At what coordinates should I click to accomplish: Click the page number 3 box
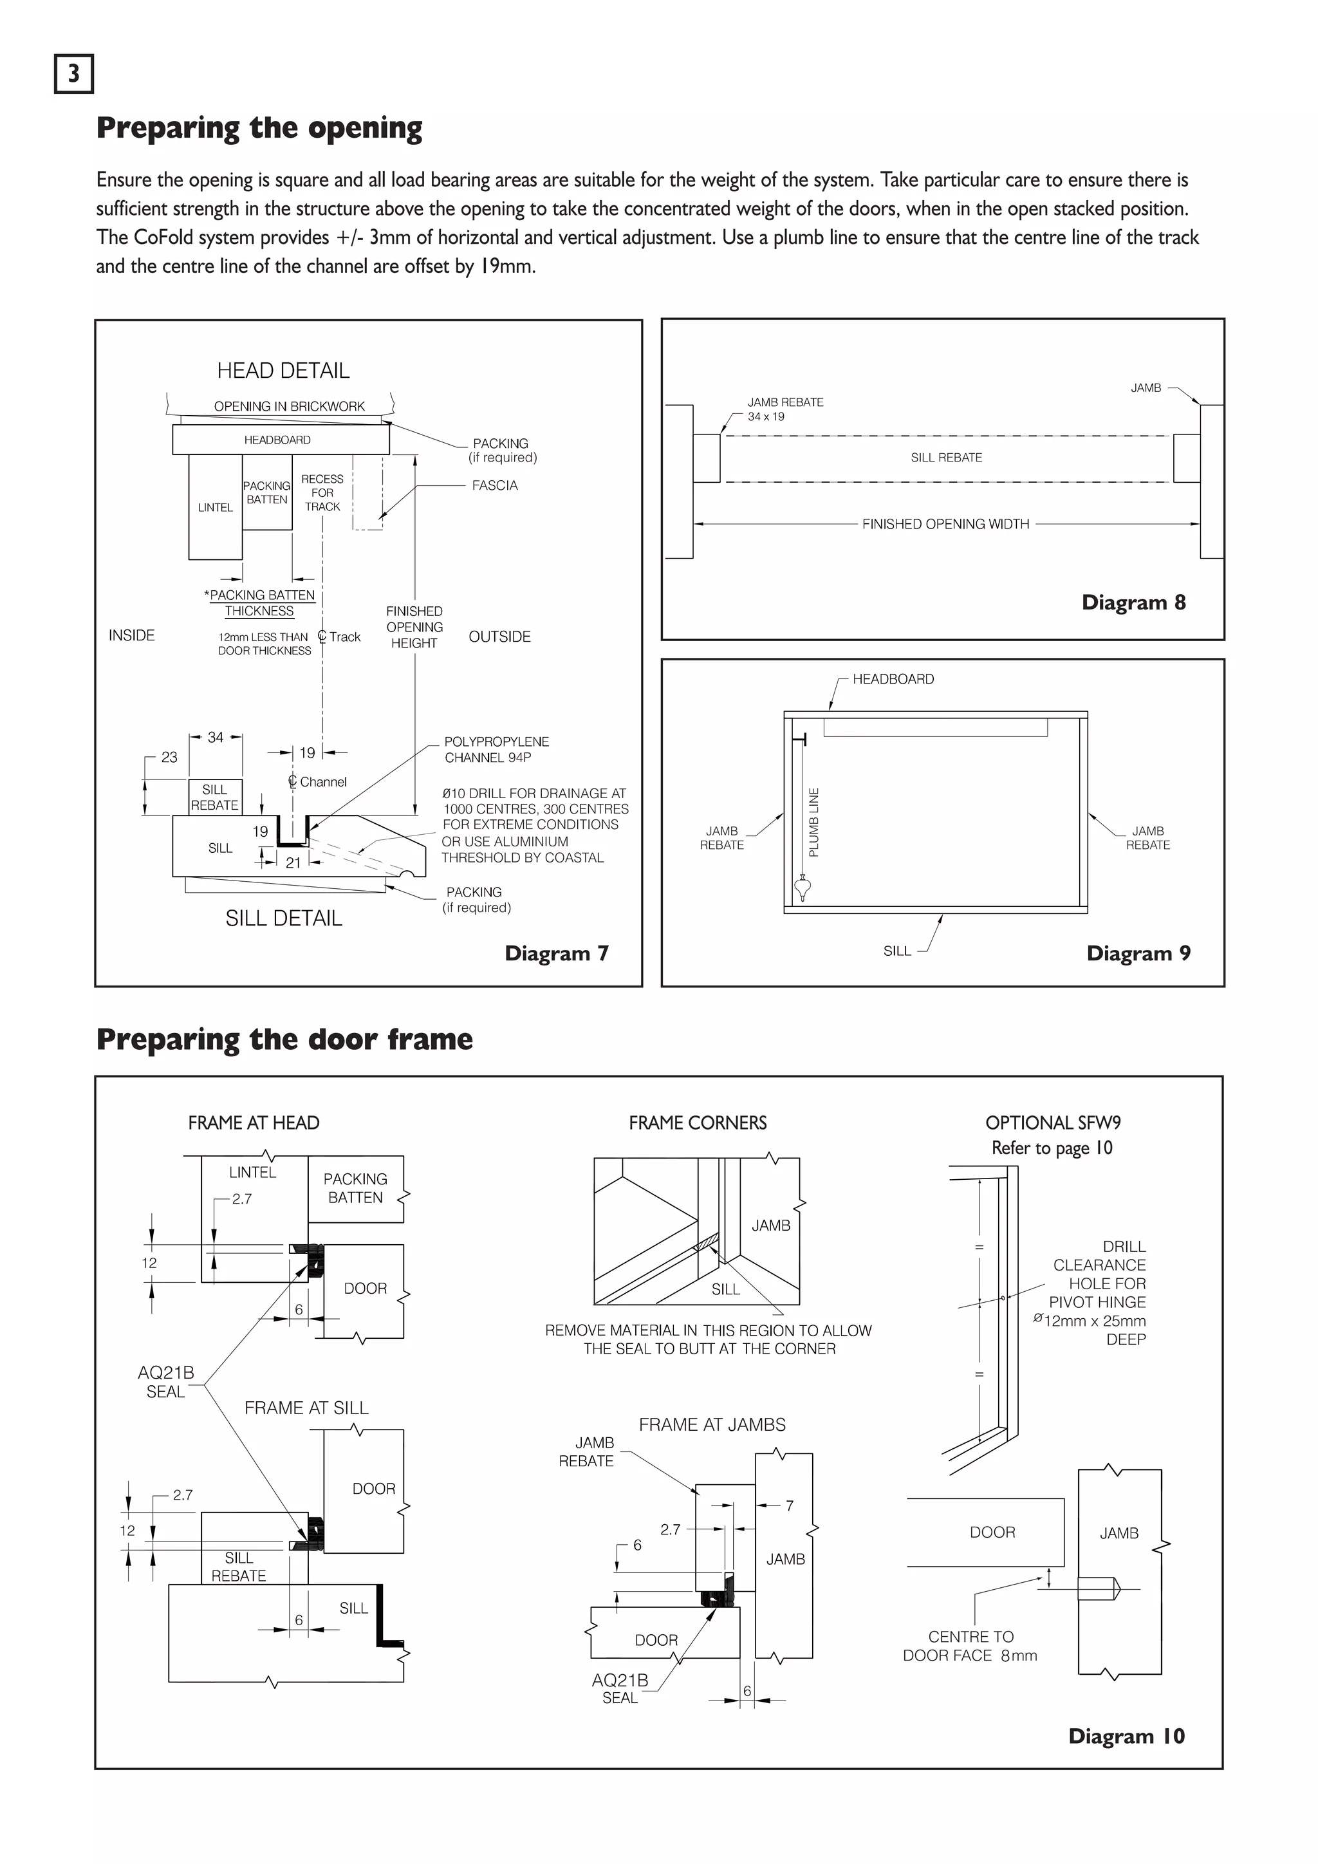(74, 74)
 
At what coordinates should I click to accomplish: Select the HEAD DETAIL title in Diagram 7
(283, 371)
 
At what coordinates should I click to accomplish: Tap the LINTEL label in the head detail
(215, 507)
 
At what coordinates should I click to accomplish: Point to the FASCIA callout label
(494, 485)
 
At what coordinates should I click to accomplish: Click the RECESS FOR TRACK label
(322, 493)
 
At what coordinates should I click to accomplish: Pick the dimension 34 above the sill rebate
(215, 737)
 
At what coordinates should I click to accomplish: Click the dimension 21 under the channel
(293, 863)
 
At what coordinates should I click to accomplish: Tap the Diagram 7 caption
(556, 953)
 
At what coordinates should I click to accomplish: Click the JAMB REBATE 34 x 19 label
(784, 409)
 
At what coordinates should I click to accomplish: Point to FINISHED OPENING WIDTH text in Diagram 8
(945, 525)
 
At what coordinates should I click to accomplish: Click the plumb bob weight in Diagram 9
(803, 890)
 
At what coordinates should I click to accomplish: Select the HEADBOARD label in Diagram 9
(893, 678)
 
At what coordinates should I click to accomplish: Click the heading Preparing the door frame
(284, 1040)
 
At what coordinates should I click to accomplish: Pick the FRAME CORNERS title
(697, 1123)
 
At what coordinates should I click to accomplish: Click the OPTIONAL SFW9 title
(1053, 1123)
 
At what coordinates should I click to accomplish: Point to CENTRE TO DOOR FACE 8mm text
(970, 1646)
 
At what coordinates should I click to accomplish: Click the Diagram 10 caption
(1126, 1736)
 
